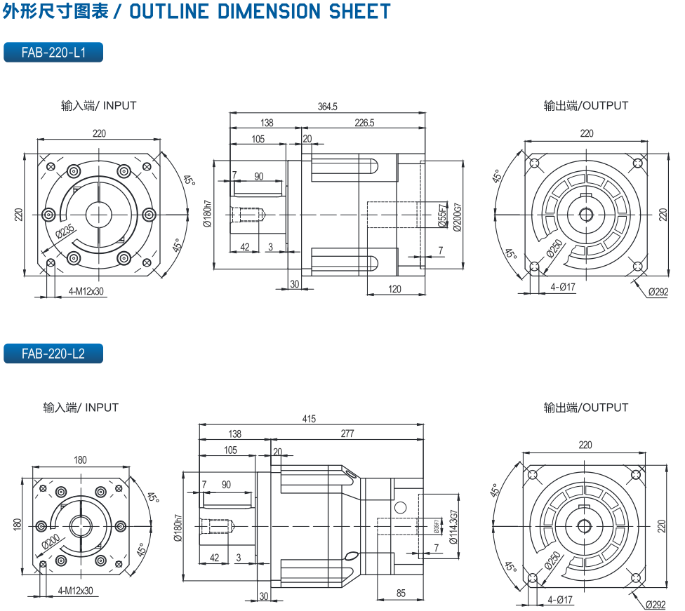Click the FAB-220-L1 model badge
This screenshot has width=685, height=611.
tap(53, 53)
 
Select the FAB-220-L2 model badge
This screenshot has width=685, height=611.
tap(53, 354)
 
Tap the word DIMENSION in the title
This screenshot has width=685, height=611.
tap(285, 11)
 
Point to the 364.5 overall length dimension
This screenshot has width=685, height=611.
tap(328, 107)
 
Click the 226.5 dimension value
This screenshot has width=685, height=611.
tap(364, 122)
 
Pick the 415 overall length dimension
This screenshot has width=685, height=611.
tap(309, 419)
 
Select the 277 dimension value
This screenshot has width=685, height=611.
tap(347, 434)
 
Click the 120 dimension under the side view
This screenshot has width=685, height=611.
tap(395, 290)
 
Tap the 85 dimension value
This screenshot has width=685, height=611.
tap(401, 593)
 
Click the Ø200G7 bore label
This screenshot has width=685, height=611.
tap(457, 218)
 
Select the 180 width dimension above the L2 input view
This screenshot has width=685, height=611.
tap(80, 460)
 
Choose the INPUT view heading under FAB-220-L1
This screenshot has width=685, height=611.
tap(98, 105)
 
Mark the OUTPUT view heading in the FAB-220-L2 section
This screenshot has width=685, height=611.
tap(586, 407)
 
